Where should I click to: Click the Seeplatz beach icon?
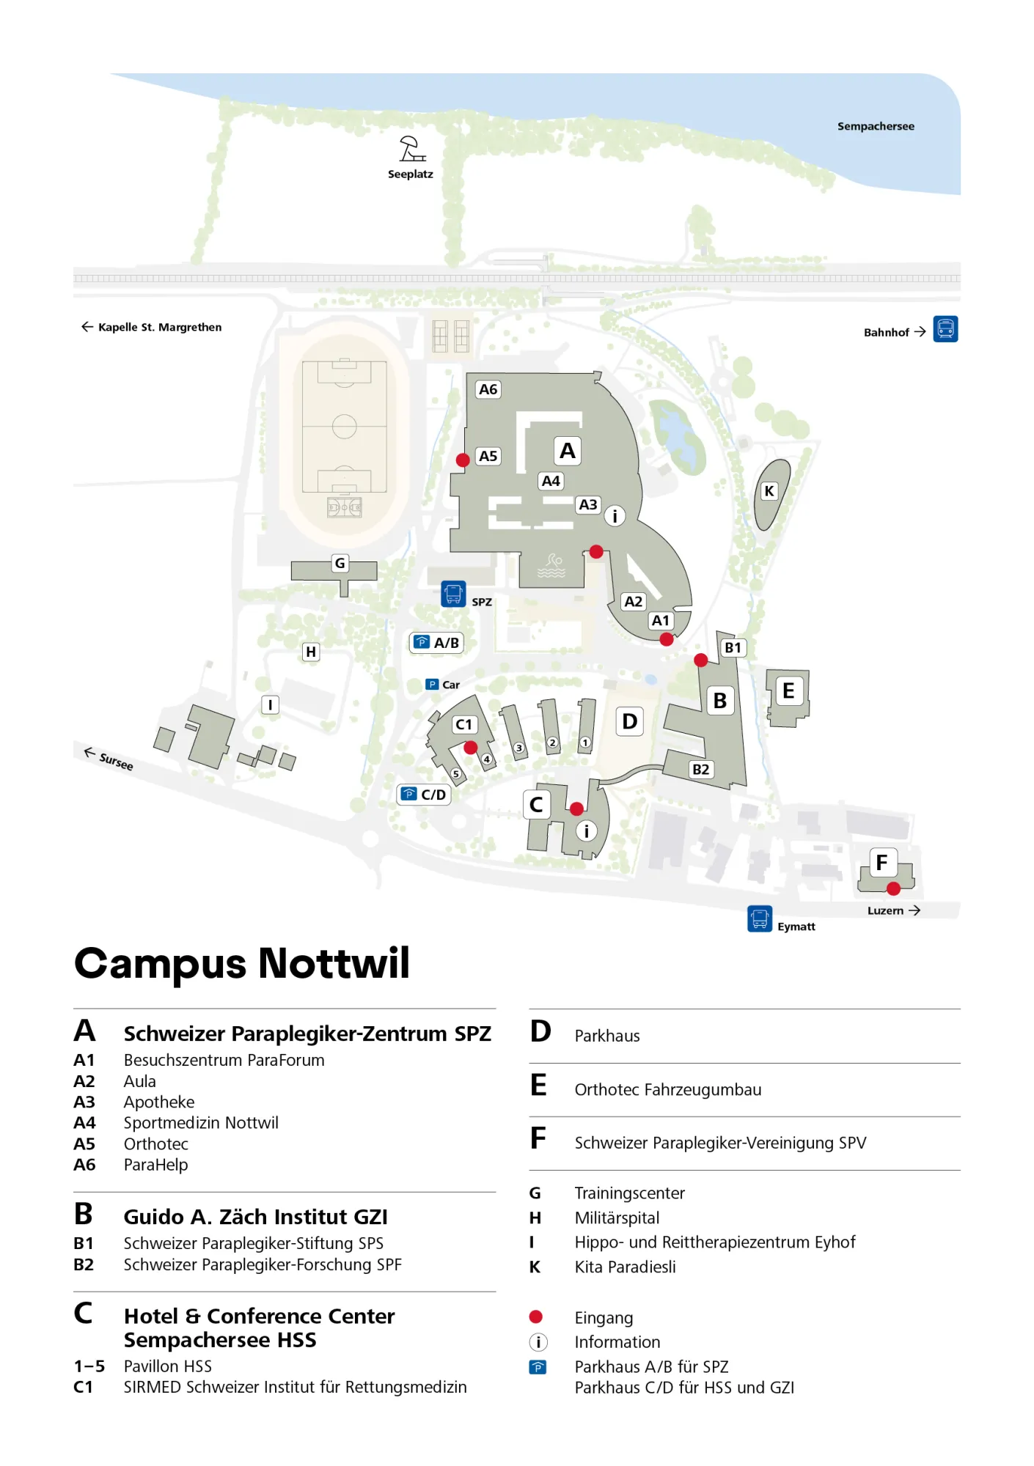(411, 149)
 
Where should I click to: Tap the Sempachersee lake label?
(876, 126)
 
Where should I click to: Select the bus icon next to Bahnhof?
(945, 329)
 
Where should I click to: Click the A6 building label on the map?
(488, 389)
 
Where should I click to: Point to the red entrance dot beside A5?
(463, 460)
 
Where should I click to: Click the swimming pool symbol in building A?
(552, 565)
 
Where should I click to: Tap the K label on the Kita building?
(769, 491)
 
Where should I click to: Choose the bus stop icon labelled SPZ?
(453, 594)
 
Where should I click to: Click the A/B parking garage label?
(437, 643)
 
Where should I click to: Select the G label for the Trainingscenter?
(340, 563)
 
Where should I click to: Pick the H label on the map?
(311, 652)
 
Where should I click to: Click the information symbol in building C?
(586, 831)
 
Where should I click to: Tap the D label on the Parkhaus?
(629, 721)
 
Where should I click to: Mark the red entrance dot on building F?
(893, 888)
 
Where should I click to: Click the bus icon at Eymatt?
(760, 918)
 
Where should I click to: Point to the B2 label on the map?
(700, 769)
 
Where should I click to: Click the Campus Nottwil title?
(242, 963)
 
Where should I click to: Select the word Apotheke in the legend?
(159, 1102)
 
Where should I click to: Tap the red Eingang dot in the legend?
(536, 1317)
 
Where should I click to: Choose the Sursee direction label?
(109, 759)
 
